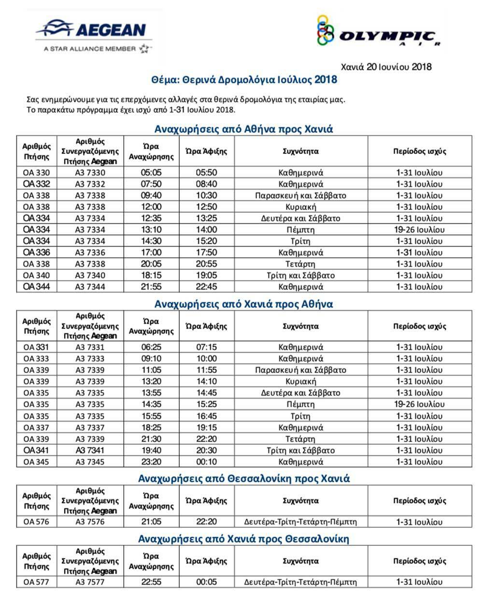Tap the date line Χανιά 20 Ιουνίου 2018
[x=386, y=67]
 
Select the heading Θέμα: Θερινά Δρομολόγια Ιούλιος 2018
[x=244, y=79]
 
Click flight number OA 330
[x=36, y=173]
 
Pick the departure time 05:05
[x=151, y=173]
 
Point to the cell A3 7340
[x=90, y=275]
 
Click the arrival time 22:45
[x=207, y=287]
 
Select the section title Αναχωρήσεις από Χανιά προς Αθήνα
[x=243, y=304]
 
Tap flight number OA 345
[x=36, y=462]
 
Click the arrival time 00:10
[x=207, y=462]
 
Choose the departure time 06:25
[x=151, y=347]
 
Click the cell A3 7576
[x=90, y=522]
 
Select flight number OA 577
[x=36, y=582]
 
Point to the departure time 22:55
[x=151, y=582]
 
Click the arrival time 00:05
[x=207, y=582]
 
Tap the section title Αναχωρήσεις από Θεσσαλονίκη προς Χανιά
[x=243, y=479]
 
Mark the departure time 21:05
[x=151, y=522]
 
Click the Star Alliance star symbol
[x=144, y=48]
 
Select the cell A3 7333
[x=90, y=359]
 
